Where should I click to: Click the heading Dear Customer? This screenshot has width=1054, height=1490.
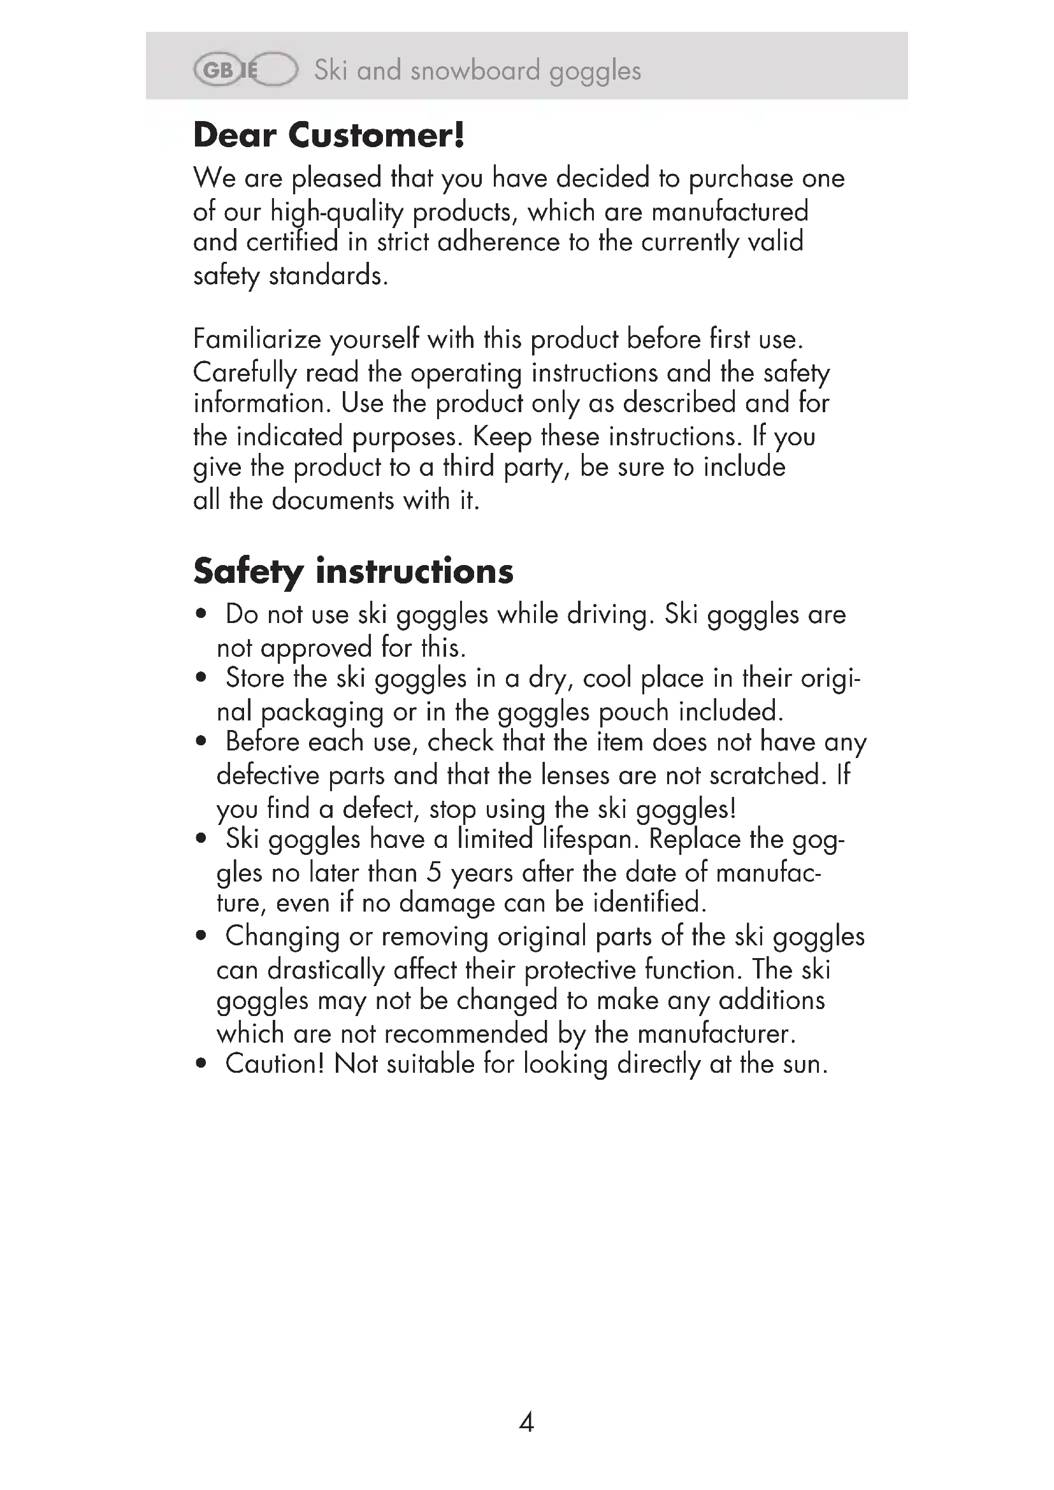[x=329, y=136]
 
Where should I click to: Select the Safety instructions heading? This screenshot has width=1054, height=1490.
[x=353, y=571]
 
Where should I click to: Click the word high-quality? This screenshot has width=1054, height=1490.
[x=337, y=212]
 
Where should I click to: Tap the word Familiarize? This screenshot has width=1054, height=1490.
[x=257, y=340]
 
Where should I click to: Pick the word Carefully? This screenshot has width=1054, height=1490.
[x=245, y=373]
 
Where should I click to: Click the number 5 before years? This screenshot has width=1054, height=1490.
[x=433, y=872]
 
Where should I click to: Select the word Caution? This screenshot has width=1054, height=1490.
[x=275, y=1064]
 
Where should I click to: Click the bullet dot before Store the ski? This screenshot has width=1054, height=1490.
[x=201, y=678]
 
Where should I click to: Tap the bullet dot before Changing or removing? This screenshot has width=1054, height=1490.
[x=201, y=936]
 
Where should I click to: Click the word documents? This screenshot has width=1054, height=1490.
[x=333, y=500]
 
